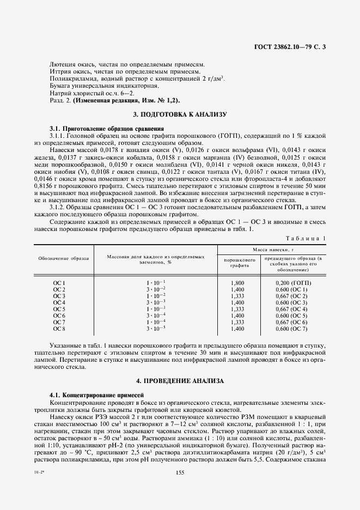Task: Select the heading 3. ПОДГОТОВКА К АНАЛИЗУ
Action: pyautogui.click(x=180, y=114)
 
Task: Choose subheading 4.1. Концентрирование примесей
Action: pyautogui.click(x=97, y=393)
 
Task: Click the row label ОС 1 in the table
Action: pyautogui.click(x=59, y=283)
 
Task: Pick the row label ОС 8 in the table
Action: pyautogui.click(x=59, y=329)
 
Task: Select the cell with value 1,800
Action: pyautogui.click(x=237, y=283)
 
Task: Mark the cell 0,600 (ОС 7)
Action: pyautogui.click(x=292, y=329)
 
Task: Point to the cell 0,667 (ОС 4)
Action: pyautogui.click(x=292, y=309)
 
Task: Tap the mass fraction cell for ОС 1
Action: pyautogui.click(x=155, y=283)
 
